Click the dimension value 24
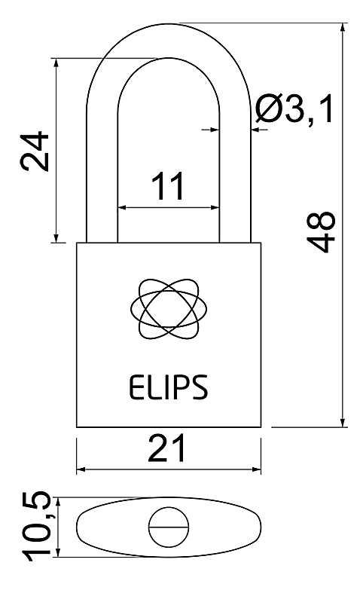35,151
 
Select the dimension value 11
168,185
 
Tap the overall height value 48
321,232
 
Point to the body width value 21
166,448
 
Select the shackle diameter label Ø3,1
294,109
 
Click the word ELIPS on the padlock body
168,387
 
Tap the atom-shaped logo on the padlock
169,308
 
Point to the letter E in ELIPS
135,387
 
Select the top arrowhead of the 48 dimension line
343,28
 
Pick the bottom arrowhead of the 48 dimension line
343,422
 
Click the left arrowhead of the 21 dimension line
81,469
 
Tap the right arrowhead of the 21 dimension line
256,469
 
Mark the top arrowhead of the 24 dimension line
56,63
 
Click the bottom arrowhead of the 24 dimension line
56,238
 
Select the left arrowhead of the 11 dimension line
123,207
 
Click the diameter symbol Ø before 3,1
269,109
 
